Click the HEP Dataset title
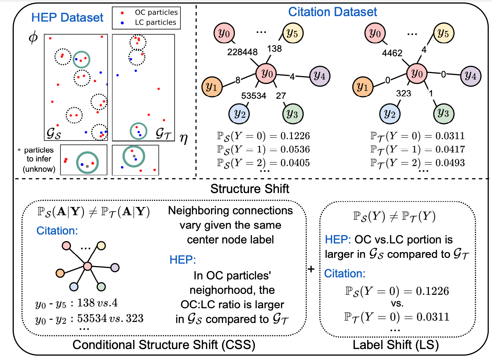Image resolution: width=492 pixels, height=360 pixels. click(x=67, y=17)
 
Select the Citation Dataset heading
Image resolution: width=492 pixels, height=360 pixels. click(x=332, y=12)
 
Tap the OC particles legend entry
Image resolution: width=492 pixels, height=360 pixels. click(x=156, y=13)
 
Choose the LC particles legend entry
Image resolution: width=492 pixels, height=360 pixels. click(x=155, y=23)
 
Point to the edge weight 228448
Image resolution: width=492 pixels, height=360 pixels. click(x=242, y=52)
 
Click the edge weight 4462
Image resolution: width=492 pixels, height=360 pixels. click(x=392, y=53)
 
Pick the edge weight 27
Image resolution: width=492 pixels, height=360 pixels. click(x=281, y=96)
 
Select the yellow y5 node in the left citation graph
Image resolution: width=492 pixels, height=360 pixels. click(x=293, y=33)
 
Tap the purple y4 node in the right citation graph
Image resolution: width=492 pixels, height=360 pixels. click(x=470, y=76)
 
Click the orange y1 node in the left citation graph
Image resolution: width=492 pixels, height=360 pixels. click(x=212, y=87)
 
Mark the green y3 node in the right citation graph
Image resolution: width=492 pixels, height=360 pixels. click(x=444, y=113)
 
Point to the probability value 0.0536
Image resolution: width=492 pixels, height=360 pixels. click(x=295, y=149)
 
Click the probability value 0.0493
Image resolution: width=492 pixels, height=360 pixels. click(x=450, y=163)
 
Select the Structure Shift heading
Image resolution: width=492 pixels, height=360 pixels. click(x=250, y=189)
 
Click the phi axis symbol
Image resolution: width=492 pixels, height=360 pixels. click(x=33, y=37)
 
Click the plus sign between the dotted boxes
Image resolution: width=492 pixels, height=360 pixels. click(x=311, y=269)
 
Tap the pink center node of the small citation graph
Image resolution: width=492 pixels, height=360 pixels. click(x=87, y=266)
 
